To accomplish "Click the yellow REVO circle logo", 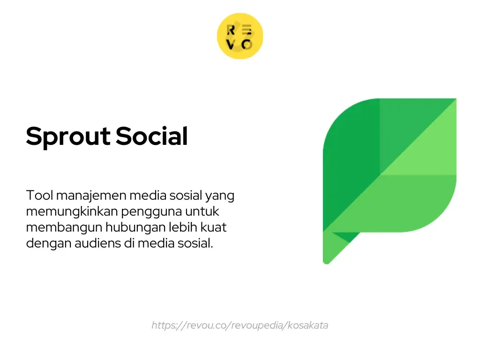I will pyautogui.click(x=240, y=36).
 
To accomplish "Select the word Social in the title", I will pyautogui.click(x=152, y=136).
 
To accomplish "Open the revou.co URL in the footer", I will pyautogui.click(x=240, y=325).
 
